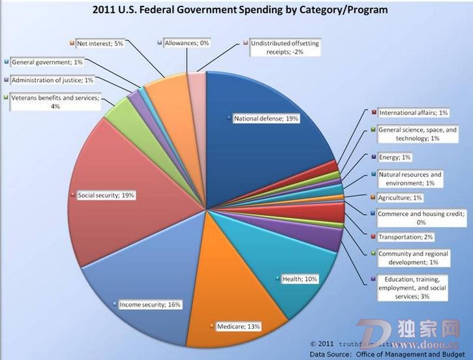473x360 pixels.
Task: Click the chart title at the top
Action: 236,10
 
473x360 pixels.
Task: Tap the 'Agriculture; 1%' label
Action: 401,198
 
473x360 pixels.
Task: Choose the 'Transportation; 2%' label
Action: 404,237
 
